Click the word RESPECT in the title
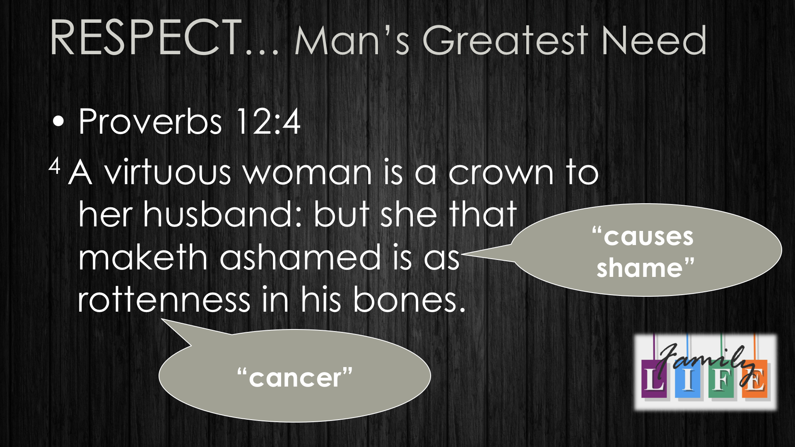click(146, 38)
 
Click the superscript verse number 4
click(55, 166)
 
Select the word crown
click(501, 173)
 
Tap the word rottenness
click(164, 300)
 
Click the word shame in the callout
click(640, 268)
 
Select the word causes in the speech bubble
click(648, 237)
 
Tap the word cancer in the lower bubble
click(295, 378)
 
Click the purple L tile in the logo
click(654, 379)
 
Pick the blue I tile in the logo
click(687, 379)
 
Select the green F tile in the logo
click(721, 379)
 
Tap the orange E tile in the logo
click(754, 379)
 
